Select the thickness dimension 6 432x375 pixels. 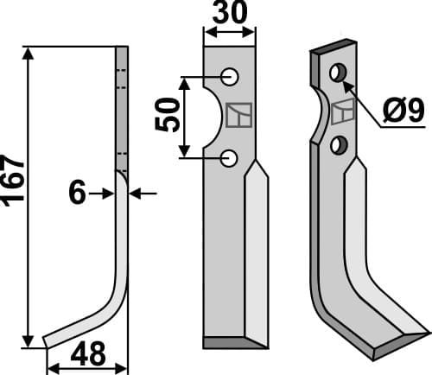(77, 194)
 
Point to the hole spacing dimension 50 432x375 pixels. (170, 114)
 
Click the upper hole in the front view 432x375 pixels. (230, 76)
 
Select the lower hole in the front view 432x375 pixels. (230, 157)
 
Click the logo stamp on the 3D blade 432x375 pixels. (343, 110)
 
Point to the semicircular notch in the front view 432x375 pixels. (213, 117)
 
